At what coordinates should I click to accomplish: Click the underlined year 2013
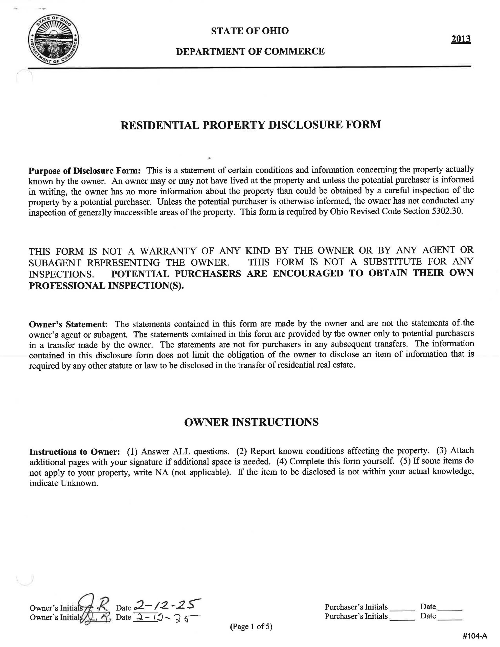tap(461, 39)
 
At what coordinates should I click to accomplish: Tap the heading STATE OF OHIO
tap(249, 31)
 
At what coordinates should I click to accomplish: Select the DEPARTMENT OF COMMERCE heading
tap(250, 52)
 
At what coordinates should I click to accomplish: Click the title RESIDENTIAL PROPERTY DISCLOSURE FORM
tap(250, 125)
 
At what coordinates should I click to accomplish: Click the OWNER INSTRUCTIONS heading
tap(251, 422)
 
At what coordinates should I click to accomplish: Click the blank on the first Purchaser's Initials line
tap(402, 607)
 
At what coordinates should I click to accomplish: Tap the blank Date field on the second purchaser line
tap(450, 616)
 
